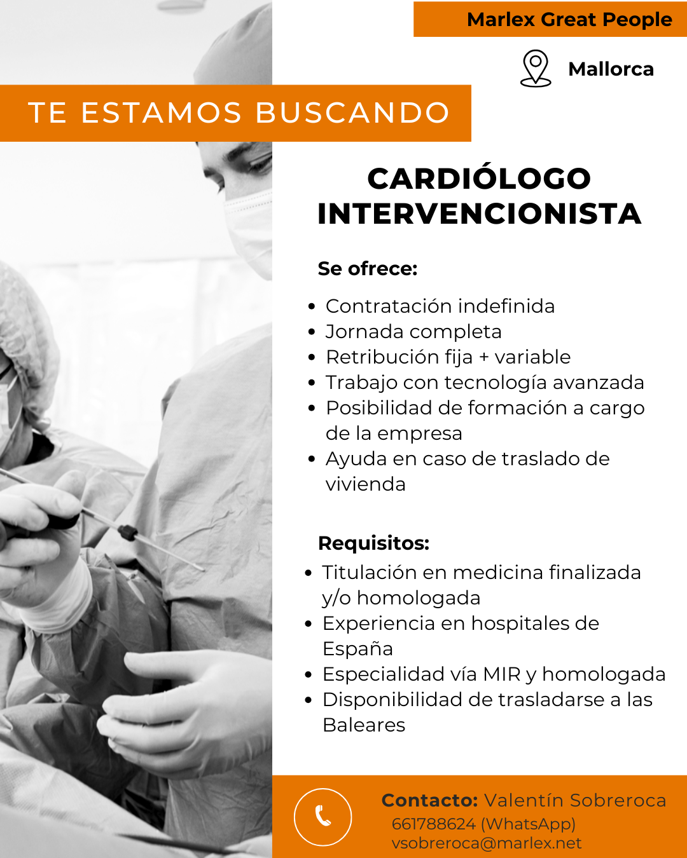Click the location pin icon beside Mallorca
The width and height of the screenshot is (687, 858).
[x=536, y=68]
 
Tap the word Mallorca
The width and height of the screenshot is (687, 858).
[x=611, y=69]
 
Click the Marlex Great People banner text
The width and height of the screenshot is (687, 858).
[x=570, y=20]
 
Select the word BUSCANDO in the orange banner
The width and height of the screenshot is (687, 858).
[x=353, y=112]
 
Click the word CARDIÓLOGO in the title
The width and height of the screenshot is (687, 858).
[x=479, y=178]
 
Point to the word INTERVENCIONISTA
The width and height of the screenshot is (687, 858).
[x=480, y=214]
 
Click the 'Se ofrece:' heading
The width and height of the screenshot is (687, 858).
[x=368, y=268]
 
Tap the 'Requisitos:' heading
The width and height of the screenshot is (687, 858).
[x=373, y=543]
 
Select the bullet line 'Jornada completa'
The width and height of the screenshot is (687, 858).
[x=413, y=332]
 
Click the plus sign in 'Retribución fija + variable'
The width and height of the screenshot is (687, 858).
[x=483, y=357]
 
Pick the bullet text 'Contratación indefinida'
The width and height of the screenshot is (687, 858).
[x=440, y=306]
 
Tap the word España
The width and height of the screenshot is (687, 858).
[x=357, y=649]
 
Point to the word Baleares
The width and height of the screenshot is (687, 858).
[x=364, y=725]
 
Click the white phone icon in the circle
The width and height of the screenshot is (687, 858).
[x=323, y=815]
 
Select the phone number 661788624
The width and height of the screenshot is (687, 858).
[x=434, y=824]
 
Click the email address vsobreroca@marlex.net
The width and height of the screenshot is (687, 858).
[x=487, y=843]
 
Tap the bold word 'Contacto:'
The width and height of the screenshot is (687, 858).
[x=429, y=800]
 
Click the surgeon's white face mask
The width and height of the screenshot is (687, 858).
[x=249, y=231]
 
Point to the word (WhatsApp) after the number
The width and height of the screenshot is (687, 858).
[x=529, y=824]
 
